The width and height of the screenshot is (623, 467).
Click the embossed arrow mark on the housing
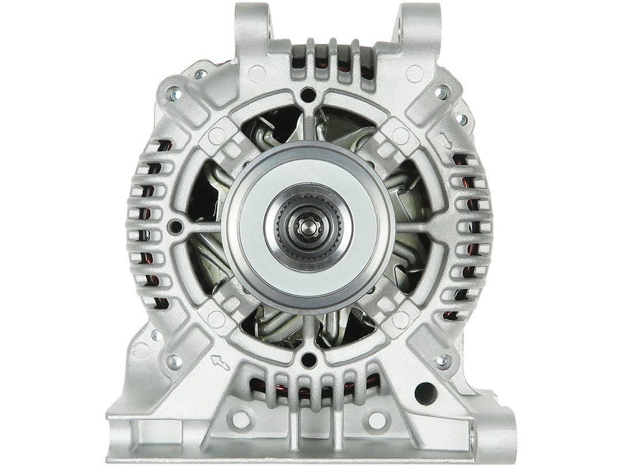[x=220, y=363]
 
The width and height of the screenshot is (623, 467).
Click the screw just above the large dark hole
[x=442, y=360]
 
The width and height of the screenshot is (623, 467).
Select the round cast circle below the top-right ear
[x=414, y=73]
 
